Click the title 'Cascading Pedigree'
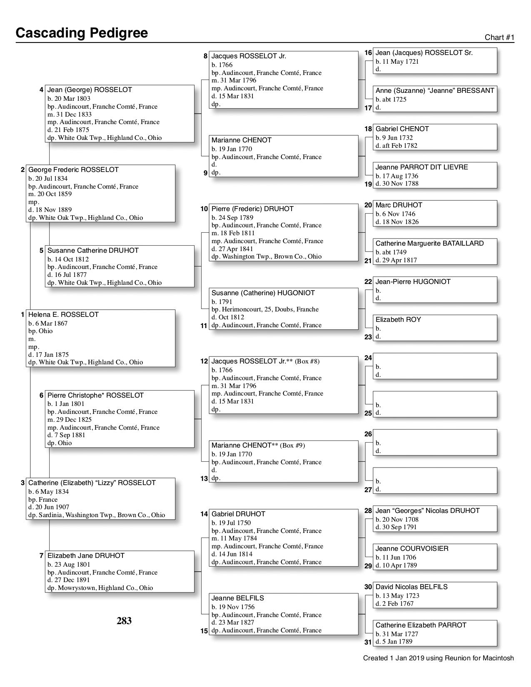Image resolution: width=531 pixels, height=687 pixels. coord(82,33)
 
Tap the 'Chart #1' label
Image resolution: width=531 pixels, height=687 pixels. coord(499,37)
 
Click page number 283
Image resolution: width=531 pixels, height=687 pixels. coord(124,621)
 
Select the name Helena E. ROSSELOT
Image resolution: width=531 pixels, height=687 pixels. coord(63,314)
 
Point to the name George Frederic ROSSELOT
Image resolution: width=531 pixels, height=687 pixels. coord(73,170)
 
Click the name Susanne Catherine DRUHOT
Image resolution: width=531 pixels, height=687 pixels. coord(93,250)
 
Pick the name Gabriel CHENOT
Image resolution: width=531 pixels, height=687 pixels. coord(402,129)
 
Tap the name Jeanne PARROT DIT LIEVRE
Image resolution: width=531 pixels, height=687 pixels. coord(421,167)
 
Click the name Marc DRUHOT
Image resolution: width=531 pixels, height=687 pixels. coord(399,205)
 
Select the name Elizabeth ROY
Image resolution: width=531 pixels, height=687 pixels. coord(398,319)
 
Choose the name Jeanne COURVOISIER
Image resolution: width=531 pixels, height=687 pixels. coord(412,548)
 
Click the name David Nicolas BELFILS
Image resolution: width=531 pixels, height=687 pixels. coord(411,587)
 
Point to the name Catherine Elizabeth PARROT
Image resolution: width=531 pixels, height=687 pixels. coord(421,625)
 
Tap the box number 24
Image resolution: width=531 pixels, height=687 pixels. coord(368,358)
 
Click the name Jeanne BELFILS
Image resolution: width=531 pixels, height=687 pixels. coord(237,598)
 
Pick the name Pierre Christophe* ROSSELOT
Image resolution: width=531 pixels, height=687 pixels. coord(95,395)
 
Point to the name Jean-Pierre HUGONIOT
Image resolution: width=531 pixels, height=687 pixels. coord(413,281)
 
